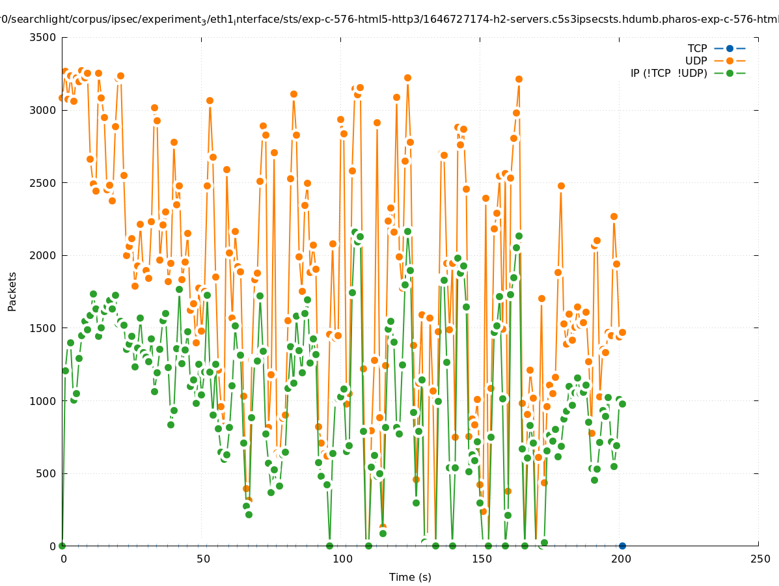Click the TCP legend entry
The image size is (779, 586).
697,48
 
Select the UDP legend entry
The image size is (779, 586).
696,61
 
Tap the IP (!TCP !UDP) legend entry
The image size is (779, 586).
668,73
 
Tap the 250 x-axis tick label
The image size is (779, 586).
759,559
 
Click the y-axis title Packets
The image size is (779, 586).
12,291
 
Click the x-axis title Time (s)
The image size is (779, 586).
410,577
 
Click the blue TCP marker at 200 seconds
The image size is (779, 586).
622,546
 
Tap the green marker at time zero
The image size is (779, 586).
62,546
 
